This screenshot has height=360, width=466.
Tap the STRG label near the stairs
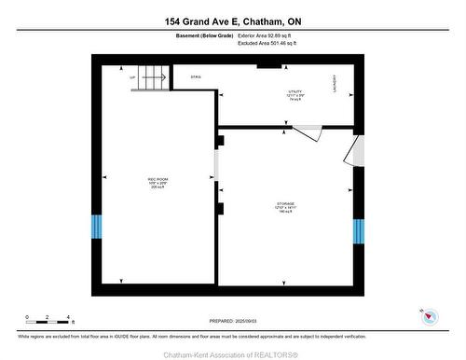click(196, 76)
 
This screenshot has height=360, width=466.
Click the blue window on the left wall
click(95, 227)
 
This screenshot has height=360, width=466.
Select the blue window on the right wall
click(358, 231)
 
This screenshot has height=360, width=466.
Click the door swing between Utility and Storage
click(305, 132)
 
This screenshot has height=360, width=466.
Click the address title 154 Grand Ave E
click(232, 21)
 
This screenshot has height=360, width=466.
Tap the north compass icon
click(430, 317)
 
